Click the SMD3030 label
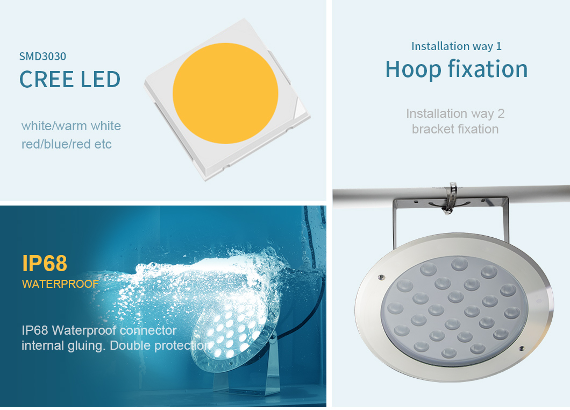click(42, 56)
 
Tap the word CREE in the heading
click(47, 79)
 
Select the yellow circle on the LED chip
click(225, 93)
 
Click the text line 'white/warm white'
click(71, 126)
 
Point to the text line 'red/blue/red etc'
click(67, 144)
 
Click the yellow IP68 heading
click(45, 263)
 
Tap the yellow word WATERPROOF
click(60, 284)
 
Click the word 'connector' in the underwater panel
click(148, 330)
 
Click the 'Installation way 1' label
click(456, 46)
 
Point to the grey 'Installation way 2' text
click(455, 114)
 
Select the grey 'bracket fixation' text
click(455, 129)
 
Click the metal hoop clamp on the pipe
click(450, 198)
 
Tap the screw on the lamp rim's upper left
click(381, 278)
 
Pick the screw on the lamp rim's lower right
click(521, 349)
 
